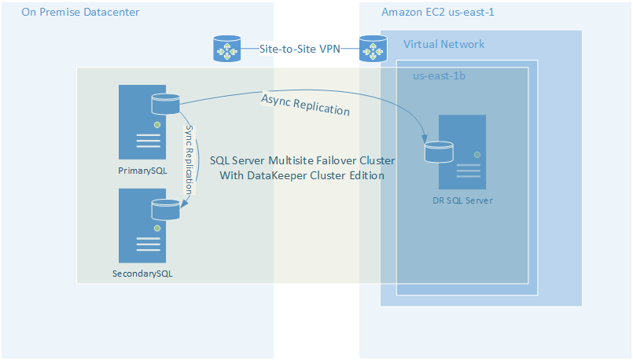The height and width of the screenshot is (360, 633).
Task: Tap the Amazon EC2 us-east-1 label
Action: coord(437,13)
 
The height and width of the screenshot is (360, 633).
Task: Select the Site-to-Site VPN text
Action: coord(300,49)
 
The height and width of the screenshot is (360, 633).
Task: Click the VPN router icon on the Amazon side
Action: coord(373,49)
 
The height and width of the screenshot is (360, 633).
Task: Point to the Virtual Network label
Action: coord(443,44)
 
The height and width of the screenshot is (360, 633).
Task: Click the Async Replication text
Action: coord(305,104)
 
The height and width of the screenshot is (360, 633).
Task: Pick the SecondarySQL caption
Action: coord(142,274)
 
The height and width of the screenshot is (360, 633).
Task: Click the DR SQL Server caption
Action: coord(462,200)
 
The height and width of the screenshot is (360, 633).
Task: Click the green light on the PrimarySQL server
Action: coord(157,125)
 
